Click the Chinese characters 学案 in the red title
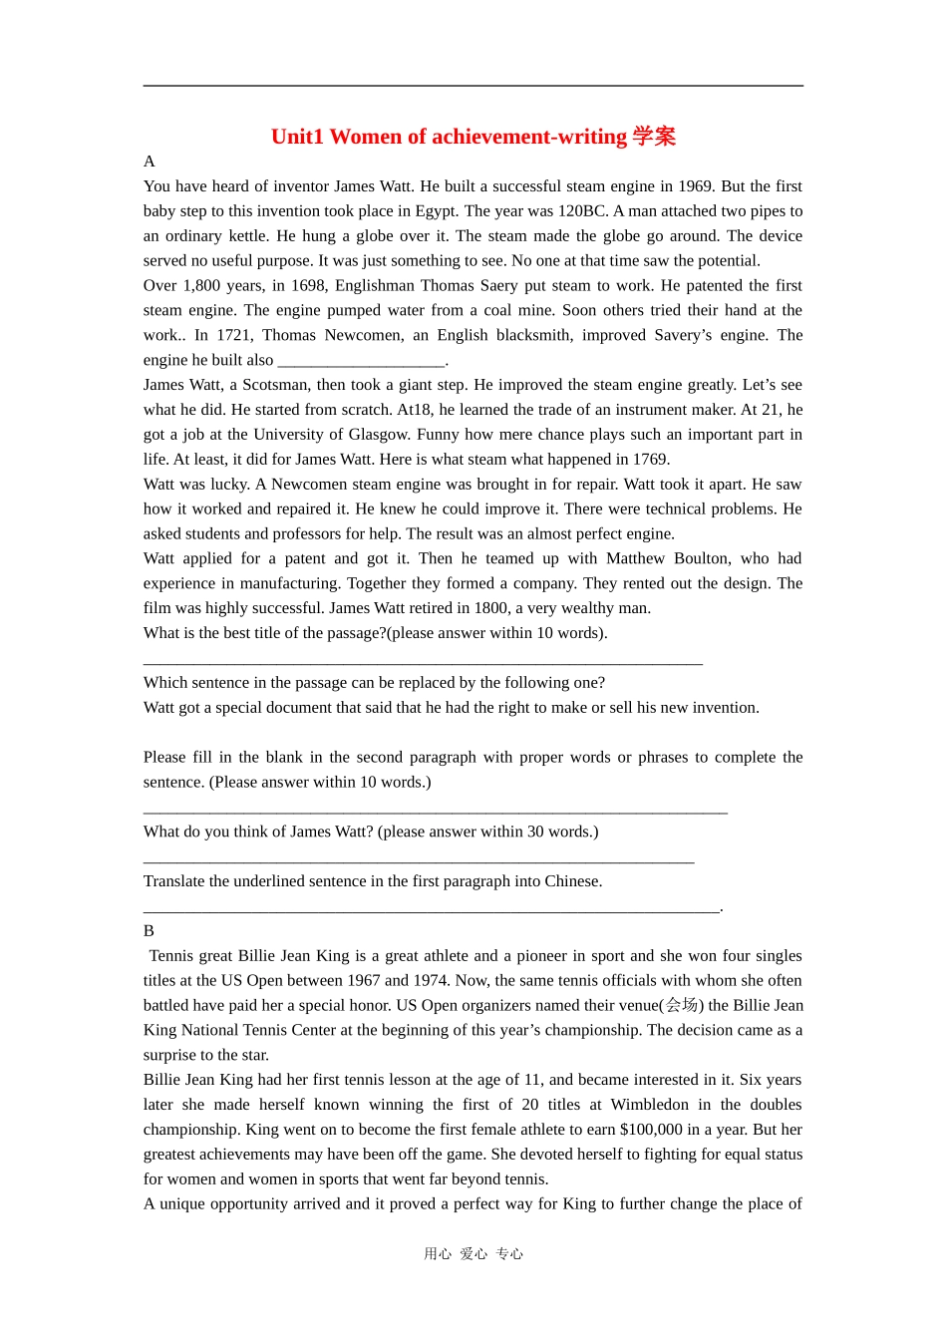(654, 137)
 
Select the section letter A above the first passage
(150, 162)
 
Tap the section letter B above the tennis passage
(150, 931)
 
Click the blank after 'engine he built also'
(361, 361)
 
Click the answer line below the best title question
(423, 659)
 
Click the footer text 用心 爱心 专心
(473, 1254)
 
